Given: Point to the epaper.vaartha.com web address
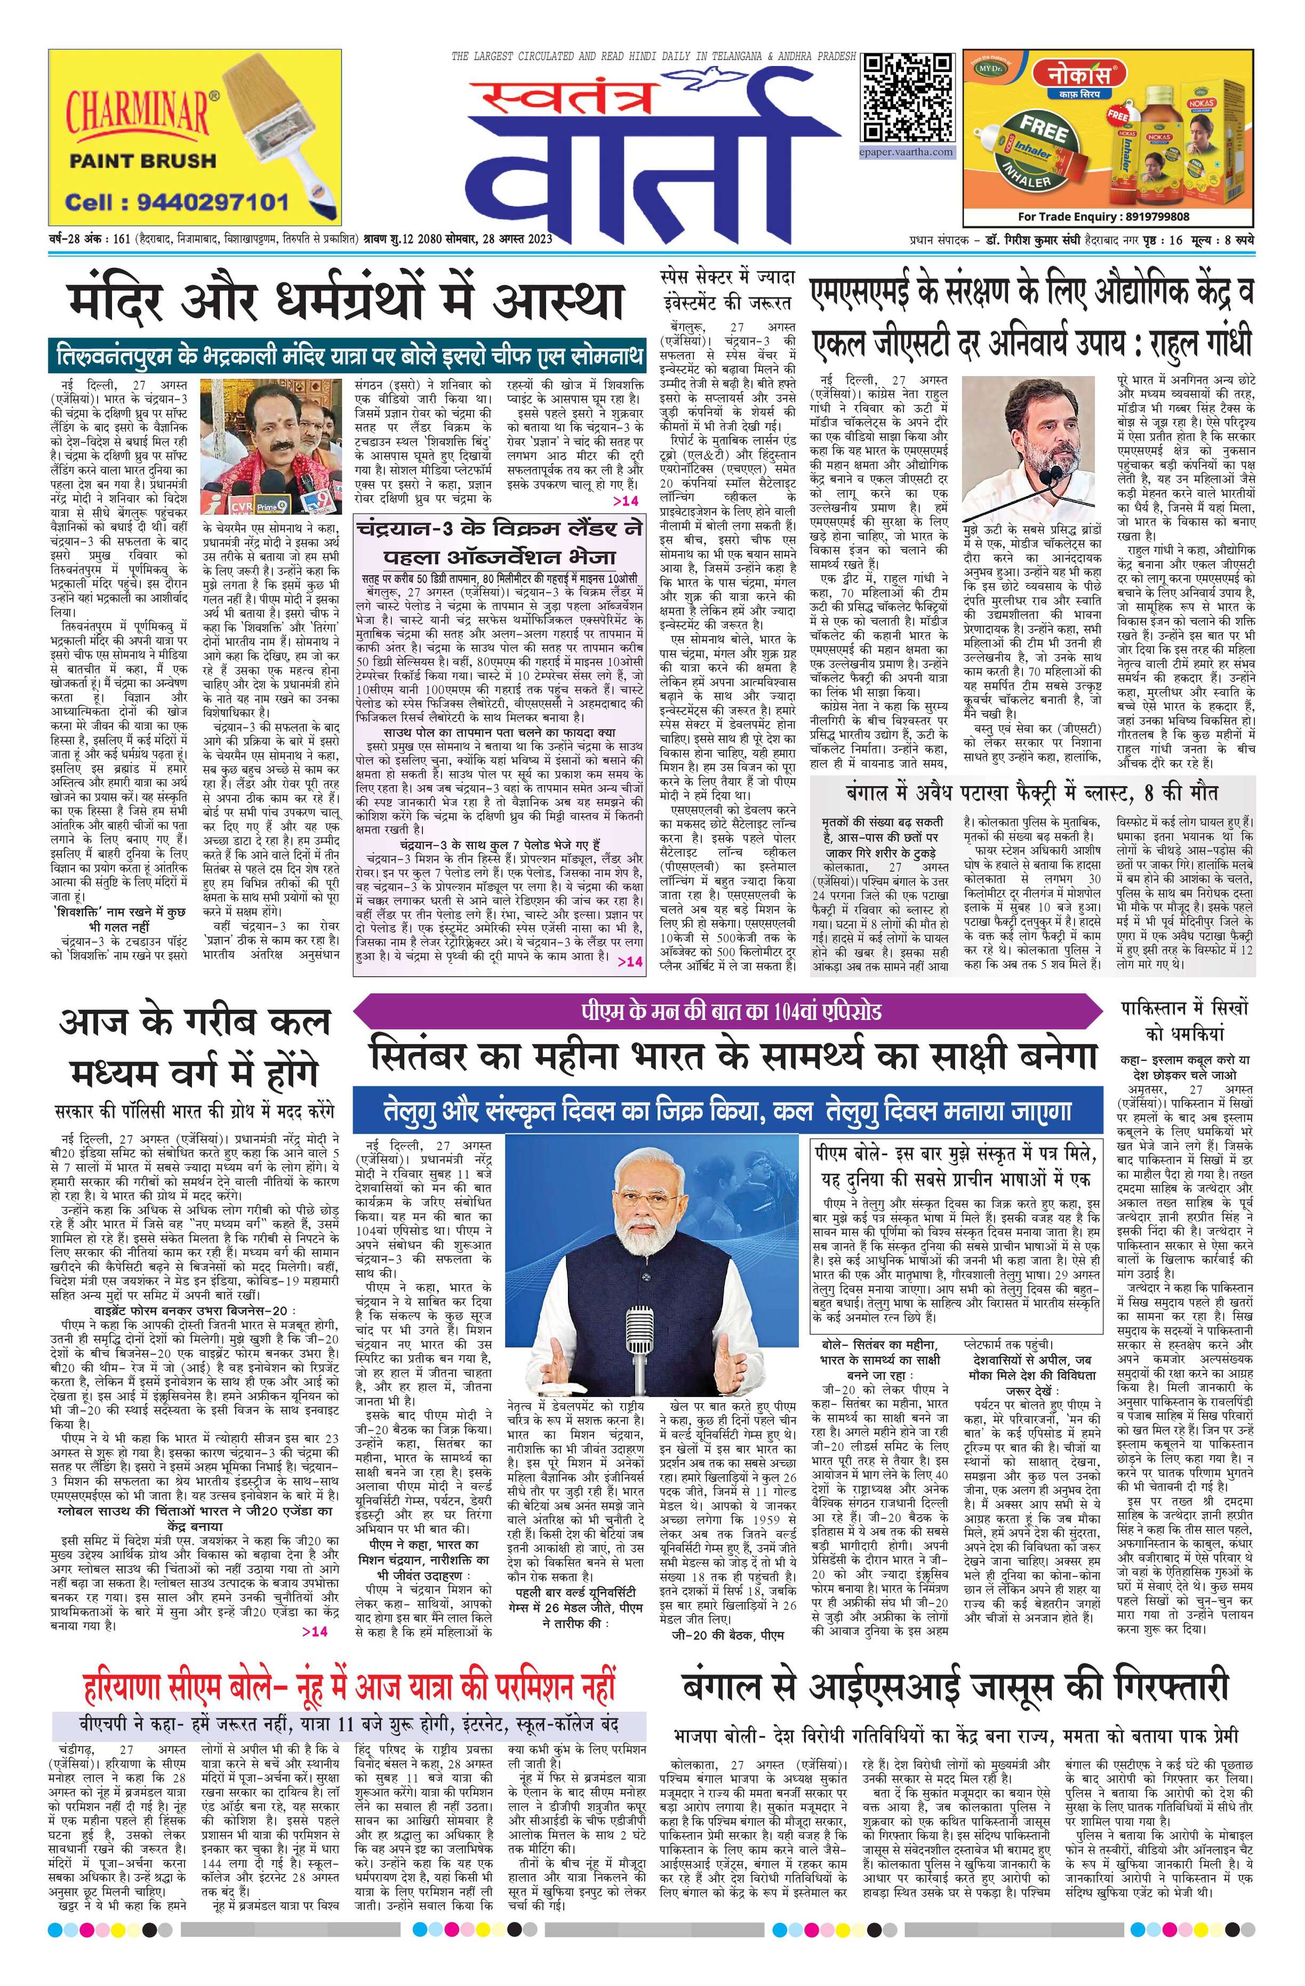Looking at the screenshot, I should pyautogui.click(x=907, y=152).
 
